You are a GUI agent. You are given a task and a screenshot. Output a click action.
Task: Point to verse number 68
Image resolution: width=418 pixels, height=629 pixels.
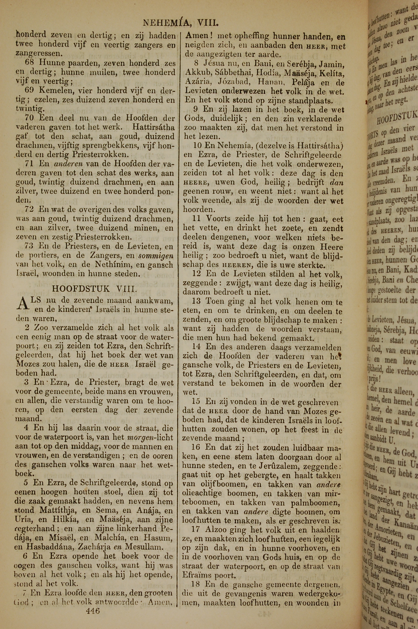30,63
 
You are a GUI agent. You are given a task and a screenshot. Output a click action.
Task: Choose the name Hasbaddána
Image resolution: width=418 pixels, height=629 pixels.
49,539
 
